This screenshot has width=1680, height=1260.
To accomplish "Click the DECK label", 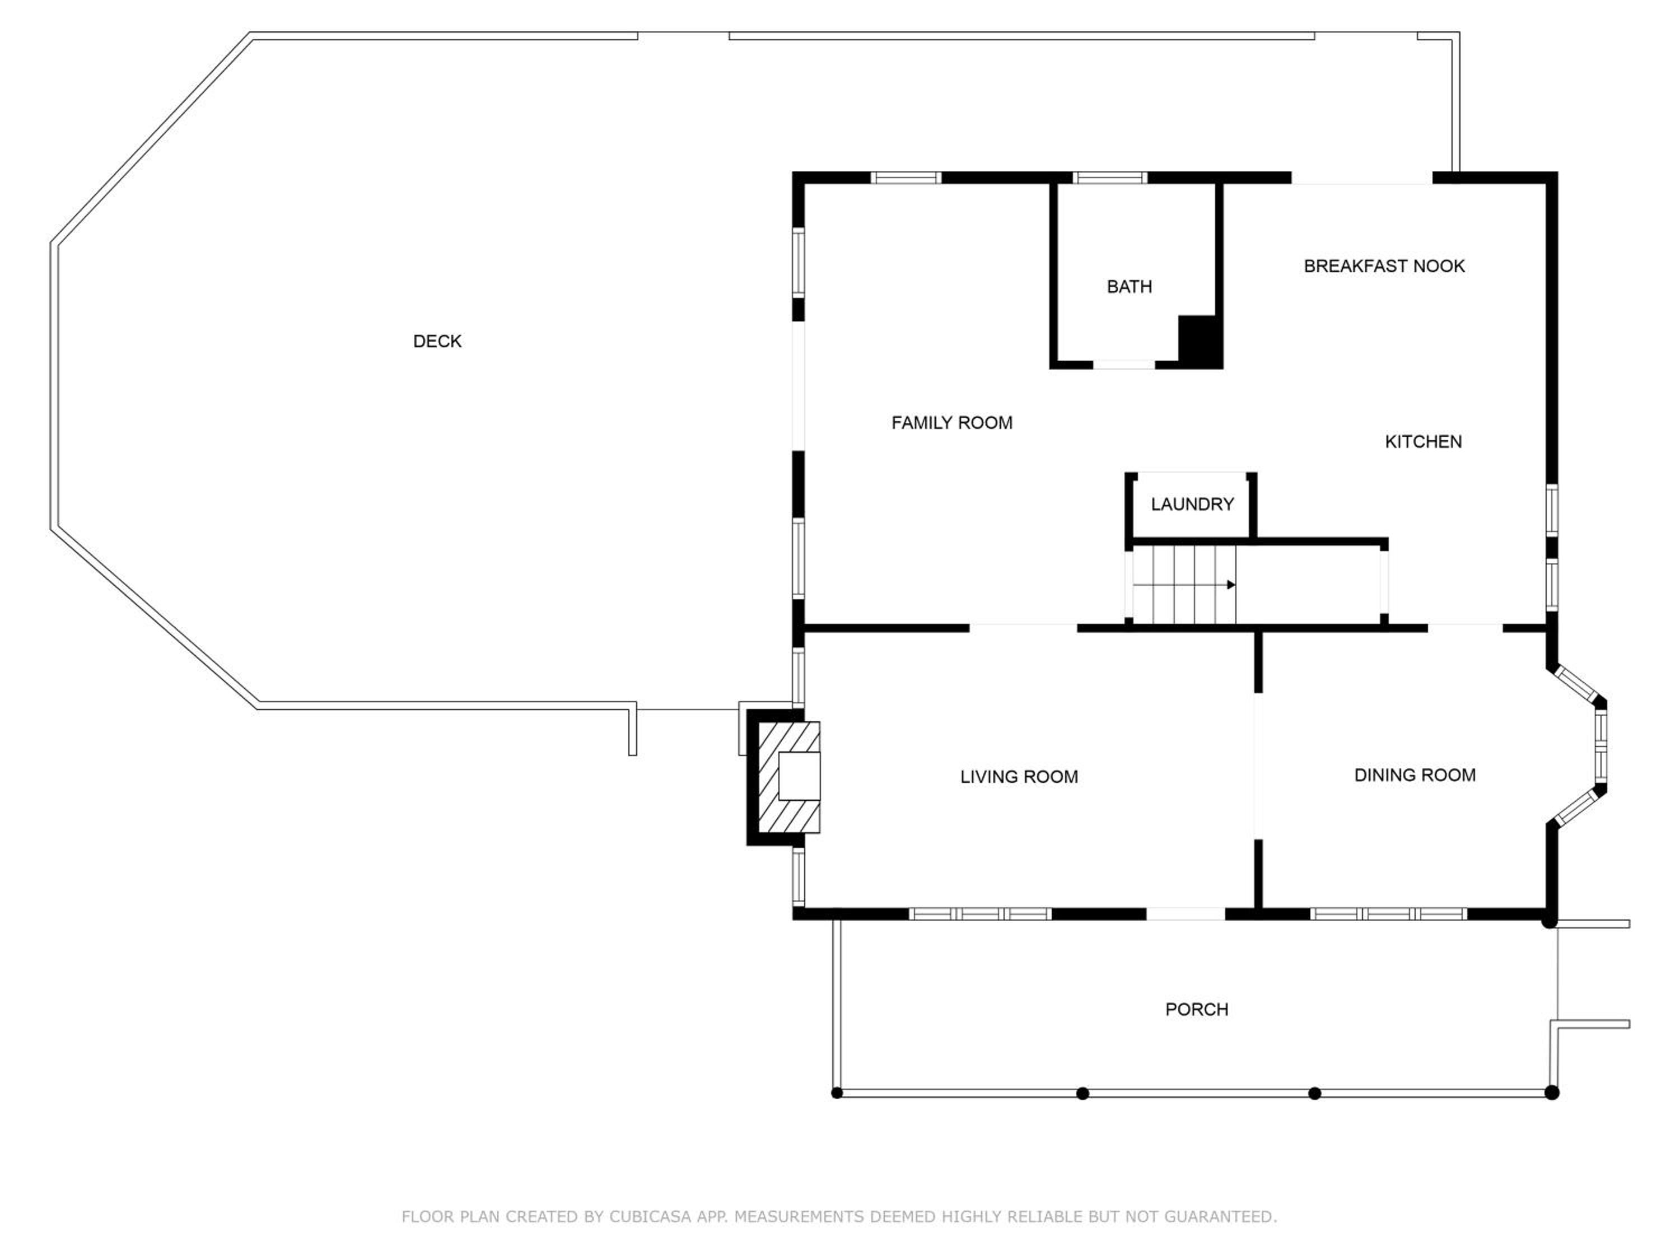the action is click(x=437, y=342).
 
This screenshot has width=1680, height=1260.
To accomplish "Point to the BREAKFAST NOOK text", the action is click(x=1384, y=267).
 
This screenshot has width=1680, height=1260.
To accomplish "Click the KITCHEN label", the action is click(x=1424, y=442).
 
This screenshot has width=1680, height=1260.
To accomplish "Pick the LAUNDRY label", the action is click(x=1192, y=505).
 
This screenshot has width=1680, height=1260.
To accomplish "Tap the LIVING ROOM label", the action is click(x=1019, y=777).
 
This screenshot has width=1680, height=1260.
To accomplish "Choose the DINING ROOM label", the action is click(x=1415, y=776).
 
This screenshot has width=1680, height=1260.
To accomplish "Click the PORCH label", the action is click(x=1197, y=1009).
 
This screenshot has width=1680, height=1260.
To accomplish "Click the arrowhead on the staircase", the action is click(x=1231, y=585).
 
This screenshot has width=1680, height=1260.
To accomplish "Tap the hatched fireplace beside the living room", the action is click(x=790, y=777).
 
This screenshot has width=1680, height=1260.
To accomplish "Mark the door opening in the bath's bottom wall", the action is click(x=1124, y=365).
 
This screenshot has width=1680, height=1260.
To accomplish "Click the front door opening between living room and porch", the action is click(x=1186, y=914).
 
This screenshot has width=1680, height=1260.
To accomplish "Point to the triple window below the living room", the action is click(x=980, y=914).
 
